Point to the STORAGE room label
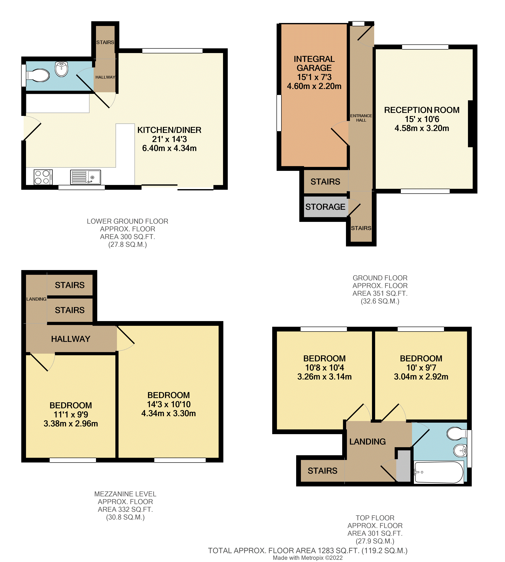click(325, 207)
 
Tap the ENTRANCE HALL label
click(361, 118)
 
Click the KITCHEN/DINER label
click(169, 130)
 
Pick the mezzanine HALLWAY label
click(71, 339)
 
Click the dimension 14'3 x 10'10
click(169, 404)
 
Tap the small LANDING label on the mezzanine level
click(36, 299)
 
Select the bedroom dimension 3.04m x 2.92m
click(421, 377)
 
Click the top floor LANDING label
click(367, 441)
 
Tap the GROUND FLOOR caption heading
click(380, 278)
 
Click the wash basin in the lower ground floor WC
click(61, 69)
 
